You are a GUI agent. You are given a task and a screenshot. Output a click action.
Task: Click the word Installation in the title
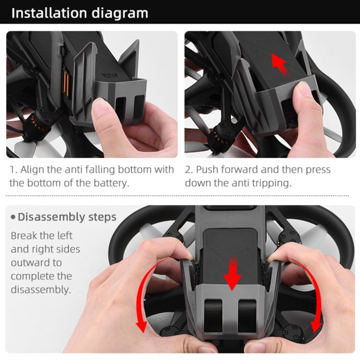(x=51, y=12)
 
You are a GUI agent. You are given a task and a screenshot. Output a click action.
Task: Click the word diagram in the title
(x=120, y=12)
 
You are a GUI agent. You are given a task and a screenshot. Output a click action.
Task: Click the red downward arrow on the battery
(x=233, y=274)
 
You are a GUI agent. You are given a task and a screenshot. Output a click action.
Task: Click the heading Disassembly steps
(x=67, y=217)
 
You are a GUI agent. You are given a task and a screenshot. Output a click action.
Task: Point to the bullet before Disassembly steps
(x=13, y=217)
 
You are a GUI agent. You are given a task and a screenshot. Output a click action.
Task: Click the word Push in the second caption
(x=207, y=170)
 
